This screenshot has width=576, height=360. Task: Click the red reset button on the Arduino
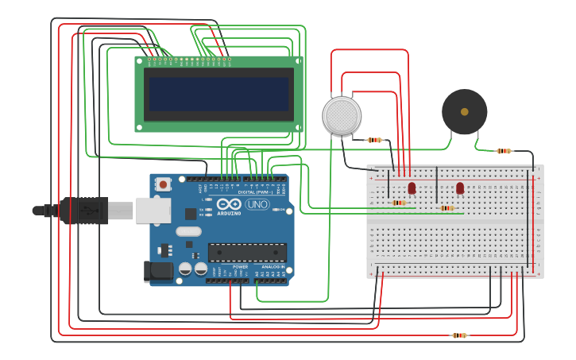pyautogui.click(x=164, y=184)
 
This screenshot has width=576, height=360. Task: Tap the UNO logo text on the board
pyautogui.click(x=257, y=204)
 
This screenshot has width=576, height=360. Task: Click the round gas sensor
pyautogui.click(x=342, y=116)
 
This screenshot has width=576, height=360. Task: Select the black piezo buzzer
pyautogui.click(x=464, y=111)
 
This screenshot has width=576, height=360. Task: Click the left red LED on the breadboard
pyautogui.click(x=412, y=188)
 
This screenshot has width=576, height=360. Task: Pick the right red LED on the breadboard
pyautogui.click(x=460, y=188)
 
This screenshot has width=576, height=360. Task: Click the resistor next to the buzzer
pyautogui.click(x=504, y=151)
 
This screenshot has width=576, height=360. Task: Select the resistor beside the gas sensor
pyautogui.click(x=374, y=140)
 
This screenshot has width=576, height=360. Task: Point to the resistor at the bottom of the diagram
pyautogui.click(x=459, y=335)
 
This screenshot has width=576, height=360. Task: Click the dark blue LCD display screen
pyautogui.click(x=218, y=94)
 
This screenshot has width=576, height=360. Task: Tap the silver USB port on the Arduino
pyautogui.click(x=153, y=211)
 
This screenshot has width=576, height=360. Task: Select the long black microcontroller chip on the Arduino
pyautogui.click(x=247, y=253)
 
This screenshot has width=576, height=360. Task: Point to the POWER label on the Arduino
pyautogui.click(x=229, y=267)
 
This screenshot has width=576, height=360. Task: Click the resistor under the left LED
pyautogui.click(x=399, y=203)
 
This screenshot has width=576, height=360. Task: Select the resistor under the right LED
pyautogui.click(x=446, y=208)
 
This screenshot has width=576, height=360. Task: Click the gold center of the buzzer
pyautogui.click(x=464, y=111)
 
